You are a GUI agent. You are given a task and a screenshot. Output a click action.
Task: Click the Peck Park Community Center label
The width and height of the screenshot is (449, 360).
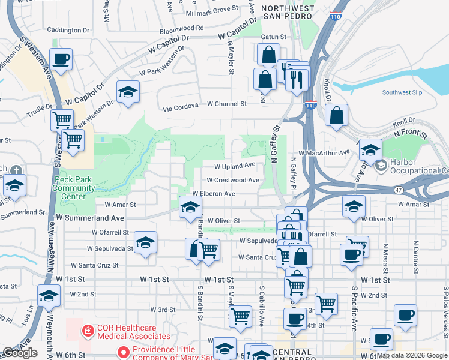tap(73, 187)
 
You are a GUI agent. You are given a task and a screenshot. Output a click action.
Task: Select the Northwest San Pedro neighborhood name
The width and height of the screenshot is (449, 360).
tap(287, 12)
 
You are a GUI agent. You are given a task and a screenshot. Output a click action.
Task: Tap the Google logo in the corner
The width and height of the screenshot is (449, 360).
tap(20, 353)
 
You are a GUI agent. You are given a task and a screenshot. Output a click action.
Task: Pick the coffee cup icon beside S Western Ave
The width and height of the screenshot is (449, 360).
tap(61, 60)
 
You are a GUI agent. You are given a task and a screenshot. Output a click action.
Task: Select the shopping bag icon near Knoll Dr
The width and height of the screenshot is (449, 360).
tap(337, 115)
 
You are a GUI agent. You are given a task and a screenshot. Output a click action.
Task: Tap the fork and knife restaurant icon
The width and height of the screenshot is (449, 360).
tap(297, 80)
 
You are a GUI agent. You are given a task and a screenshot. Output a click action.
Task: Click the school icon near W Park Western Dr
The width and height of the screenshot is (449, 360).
tap(127, 92)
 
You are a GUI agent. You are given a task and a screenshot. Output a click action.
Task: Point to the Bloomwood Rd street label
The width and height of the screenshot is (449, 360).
tap(181, 28)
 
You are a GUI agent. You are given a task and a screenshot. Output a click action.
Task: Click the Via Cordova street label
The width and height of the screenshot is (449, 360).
tap(183, 109)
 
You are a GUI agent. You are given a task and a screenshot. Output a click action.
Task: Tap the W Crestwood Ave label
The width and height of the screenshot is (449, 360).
tap(233, 180)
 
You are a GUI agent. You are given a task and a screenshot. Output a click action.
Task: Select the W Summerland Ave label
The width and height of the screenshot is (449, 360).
tap(90, 218)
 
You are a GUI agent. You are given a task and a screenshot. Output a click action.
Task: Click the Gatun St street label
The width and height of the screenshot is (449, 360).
tap(273, 37)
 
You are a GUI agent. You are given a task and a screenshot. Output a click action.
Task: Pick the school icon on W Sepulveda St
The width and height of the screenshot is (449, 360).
tap(145, 244)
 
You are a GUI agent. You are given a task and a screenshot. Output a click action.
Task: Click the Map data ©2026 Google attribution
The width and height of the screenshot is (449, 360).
tap(412, 355)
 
